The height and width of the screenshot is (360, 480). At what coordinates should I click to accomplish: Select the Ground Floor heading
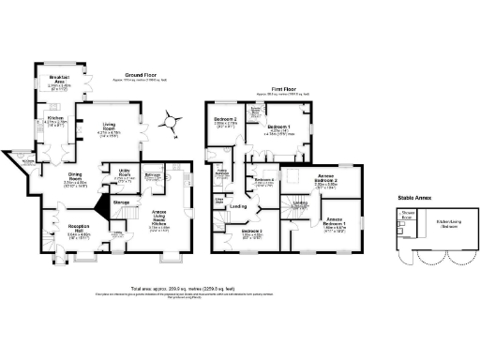pyautogui.click(x=142, y=77)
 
